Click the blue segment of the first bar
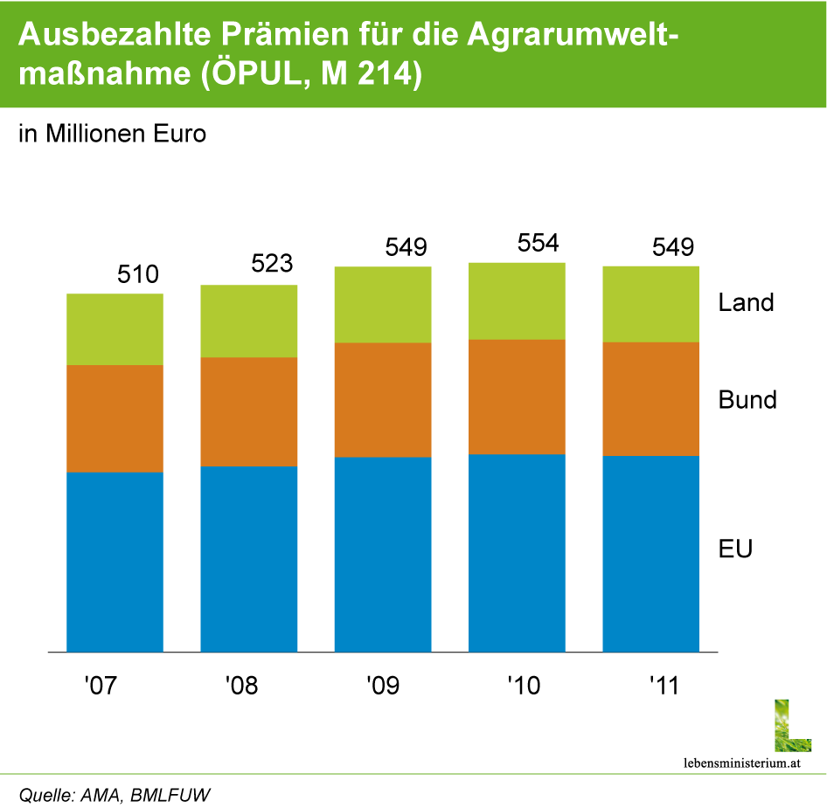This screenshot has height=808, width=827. pos(115,562)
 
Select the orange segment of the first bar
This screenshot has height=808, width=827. pos(115,418)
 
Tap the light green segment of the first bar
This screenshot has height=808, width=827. pos(115,329)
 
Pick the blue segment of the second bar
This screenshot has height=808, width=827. pos(249,559)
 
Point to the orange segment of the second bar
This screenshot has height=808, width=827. pos(249,411)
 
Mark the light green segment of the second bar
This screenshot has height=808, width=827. pos(249,321)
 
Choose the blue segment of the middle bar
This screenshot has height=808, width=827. pos(383,555)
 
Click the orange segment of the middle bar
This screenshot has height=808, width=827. pos(383,400)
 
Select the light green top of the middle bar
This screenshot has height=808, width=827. pos(383,305)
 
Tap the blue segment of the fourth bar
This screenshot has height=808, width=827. pos(517,553)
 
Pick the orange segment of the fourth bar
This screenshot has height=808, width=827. pos(517,397)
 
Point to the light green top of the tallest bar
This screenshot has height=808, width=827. pos(517,300)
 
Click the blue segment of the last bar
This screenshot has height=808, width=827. pos(650,554)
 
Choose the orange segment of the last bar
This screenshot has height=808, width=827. pos(650,398)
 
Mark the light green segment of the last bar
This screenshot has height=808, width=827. pos(650,304)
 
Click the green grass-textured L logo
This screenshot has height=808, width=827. pos(792,726)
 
